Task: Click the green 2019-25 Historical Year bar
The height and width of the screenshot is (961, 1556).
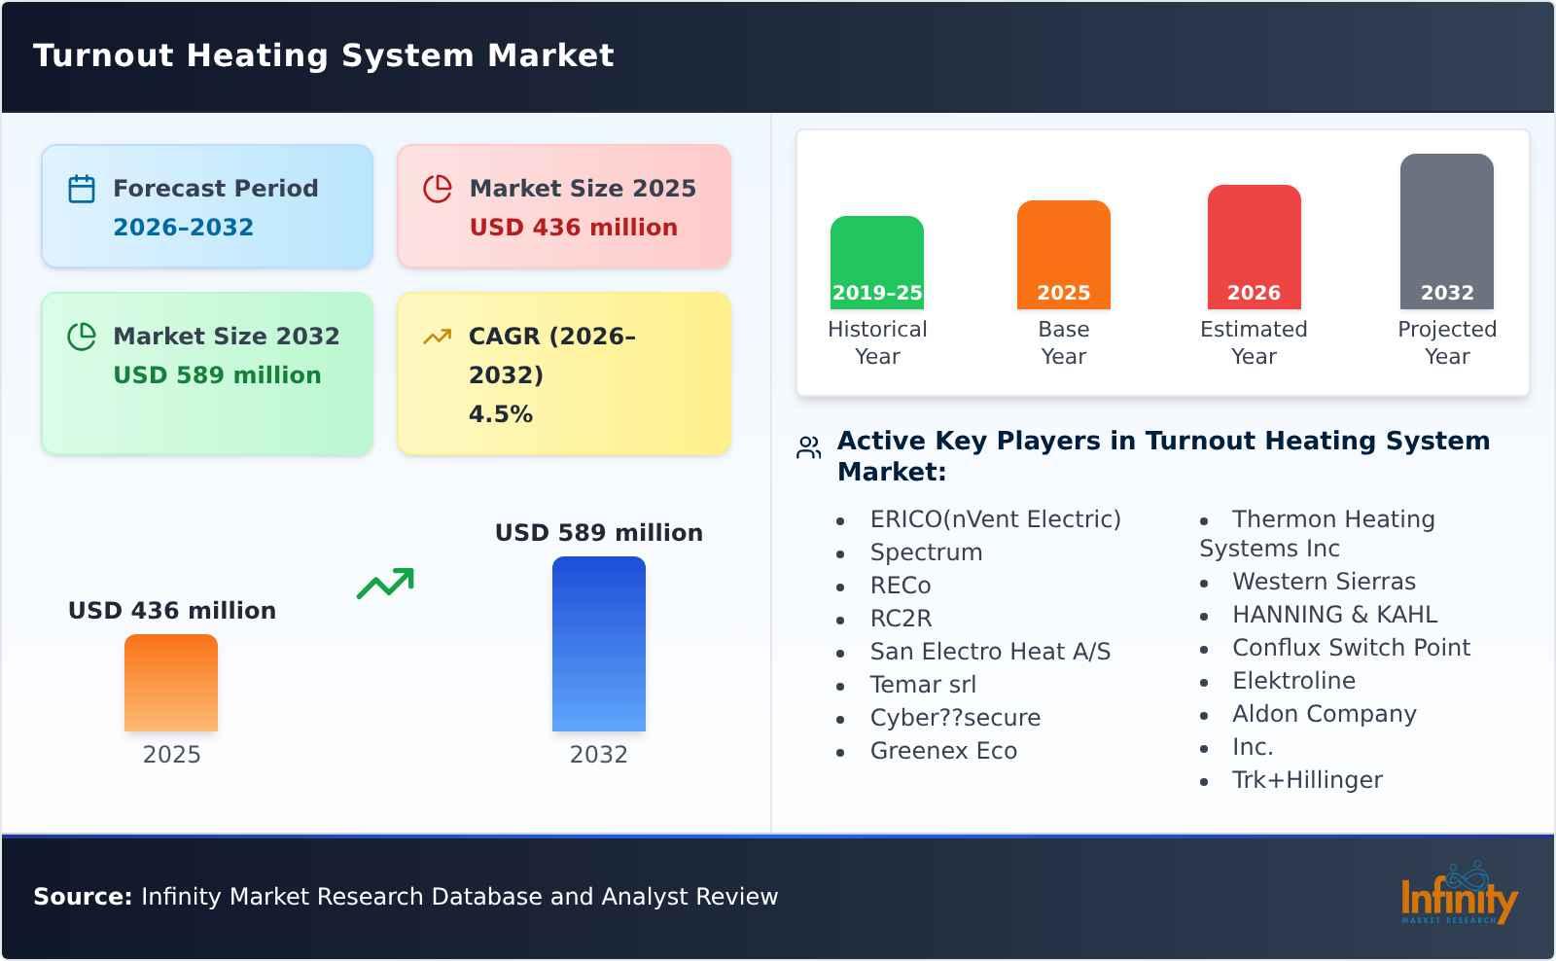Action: [876, 262]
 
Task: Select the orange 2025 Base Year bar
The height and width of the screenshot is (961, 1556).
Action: [1063, 254]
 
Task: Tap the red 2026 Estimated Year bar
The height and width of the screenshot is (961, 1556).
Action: [1254, 246]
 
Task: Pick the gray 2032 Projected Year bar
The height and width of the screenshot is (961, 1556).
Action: [1446, 231]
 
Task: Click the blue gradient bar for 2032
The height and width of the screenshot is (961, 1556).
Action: [598, 643]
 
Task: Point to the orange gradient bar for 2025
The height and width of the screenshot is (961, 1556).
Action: [171, 682]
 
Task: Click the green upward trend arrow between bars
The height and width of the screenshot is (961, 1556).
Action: [385, 584]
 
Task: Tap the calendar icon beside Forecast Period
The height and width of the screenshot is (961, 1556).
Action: [82, 189]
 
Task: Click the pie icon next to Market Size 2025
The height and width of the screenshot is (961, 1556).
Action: [438, 189]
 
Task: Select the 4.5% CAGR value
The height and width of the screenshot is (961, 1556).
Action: [500, 414]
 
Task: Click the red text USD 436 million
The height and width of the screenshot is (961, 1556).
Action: [573, 228]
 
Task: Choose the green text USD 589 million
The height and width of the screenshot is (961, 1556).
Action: [217, 375]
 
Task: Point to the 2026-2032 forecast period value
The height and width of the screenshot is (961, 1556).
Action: [183, 228]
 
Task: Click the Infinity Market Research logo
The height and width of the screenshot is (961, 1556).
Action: [1458, 895]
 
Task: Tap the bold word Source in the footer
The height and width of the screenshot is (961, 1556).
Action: [82, 897]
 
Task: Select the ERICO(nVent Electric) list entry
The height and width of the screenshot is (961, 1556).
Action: [995, 519]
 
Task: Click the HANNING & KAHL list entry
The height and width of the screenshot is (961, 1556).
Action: [1334, 615]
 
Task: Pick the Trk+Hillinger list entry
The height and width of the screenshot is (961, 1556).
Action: [1306, 780]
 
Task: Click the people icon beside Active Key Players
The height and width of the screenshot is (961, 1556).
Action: [809, 447]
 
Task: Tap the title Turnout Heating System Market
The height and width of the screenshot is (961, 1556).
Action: [323, 55]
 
